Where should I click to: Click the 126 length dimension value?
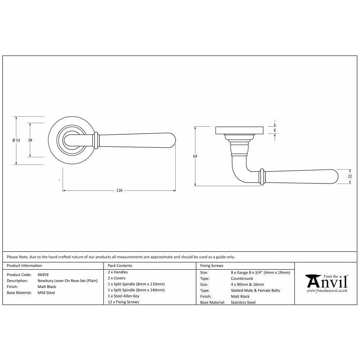(x=119, y=190)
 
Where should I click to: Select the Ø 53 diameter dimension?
(x=16, y=140)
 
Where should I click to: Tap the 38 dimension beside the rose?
(x=30, y=140)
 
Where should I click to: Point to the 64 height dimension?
(x=195, y=156)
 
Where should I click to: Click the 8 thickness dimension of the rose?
(x=275, y=130)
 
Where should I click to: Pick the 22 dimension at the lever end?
(x=350, y=176)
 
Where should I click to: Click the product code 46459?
(x=43, y=275)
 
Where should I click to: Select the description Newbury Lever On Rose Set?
(x=67, y=281)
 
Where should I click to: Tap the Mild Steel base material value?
(x=46, y=293)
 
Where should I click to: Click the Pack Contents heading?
(x=120, y=266)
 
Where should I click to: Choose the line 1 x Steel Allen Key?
(x=123, y=296)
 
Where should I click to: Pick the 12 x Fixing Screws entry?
(x=123, y=302)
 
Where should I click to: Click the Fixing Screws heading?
(x=212, y=266)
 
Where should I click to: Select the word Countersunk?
(x=242, y=279)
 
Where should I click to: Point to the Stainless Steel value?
(x=243, y=302)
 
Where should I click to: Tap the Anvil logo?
(x=326, y=281)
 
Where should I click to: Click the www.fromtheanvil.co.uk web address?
(x=327, y=291)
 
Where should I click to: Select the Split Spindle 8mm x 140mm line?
(x=136, y=290)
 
